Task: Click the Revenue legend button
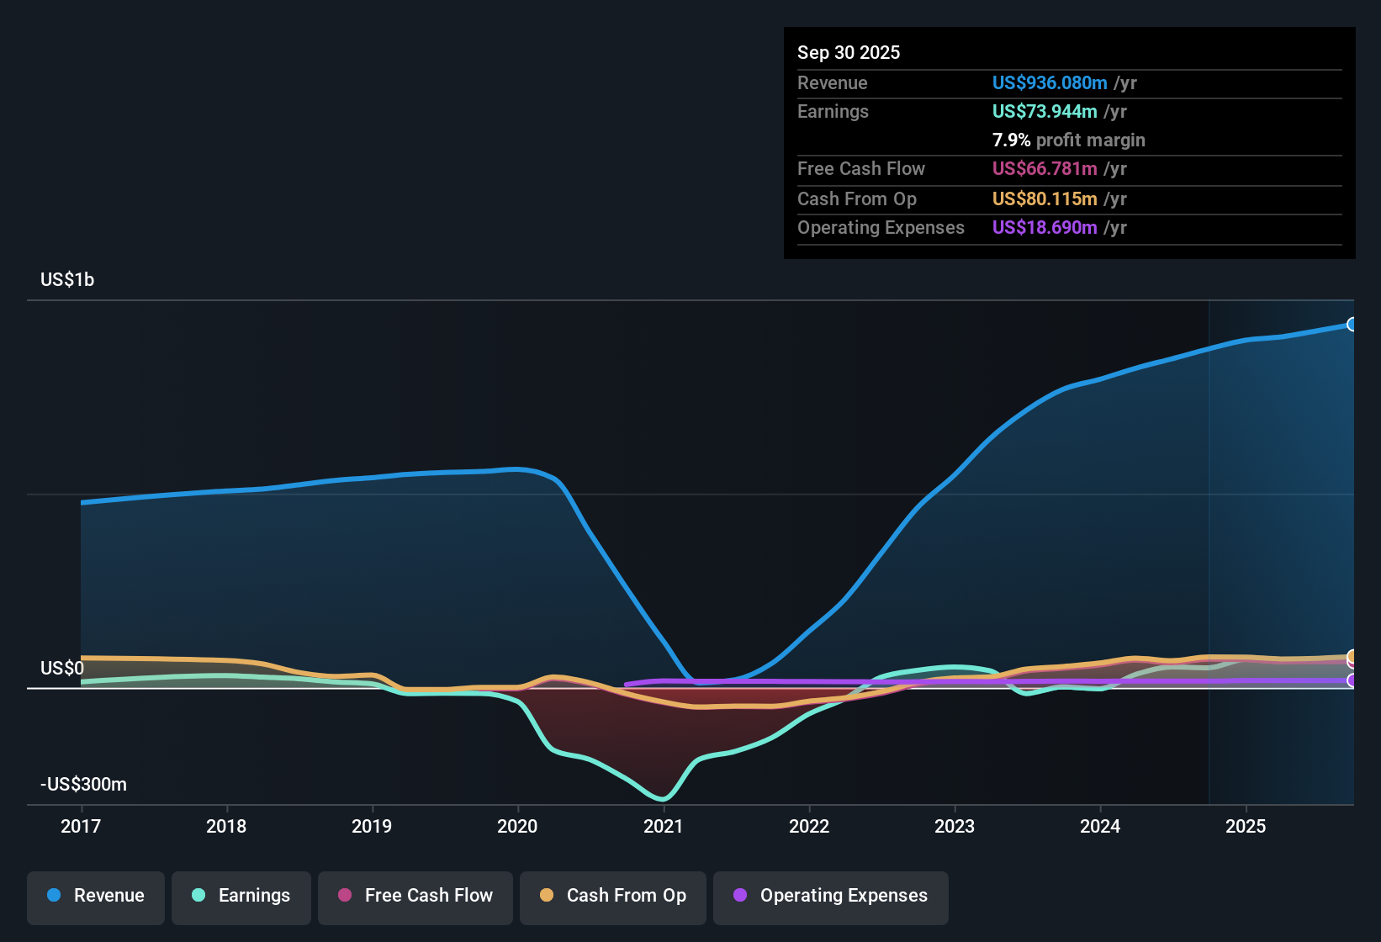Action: point(96,896)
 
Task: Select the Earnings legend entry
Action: point(241,896)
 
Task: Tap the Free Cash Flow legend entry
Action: point(415,896)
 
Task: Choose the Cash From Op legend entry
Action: point(613,896)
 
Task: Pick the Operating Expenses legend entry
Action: point(831,896)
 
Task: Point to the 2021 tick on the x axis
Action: point(664,826)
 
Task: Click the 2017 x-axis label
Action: point(81,826)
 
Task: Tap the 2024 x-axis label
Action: point(1100,826)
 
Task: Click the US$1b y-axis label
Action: point(67,280)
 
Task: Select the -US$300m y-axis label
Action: point(83,785)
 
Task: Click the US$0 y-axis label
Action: point(62,669)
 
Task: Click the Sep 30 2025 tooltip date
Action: point(849,53)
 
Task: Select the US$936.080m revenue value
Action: point(1049,83)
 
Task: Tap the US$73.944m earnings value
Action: point(1044,112)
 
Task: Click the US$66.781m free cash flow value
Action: point(1044,169)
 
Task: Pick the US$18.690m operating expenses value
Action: point(1044,228)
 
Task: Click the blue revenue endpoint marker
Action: point(1352,325)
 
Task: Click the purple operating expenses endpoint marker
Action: point(1352,680)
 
